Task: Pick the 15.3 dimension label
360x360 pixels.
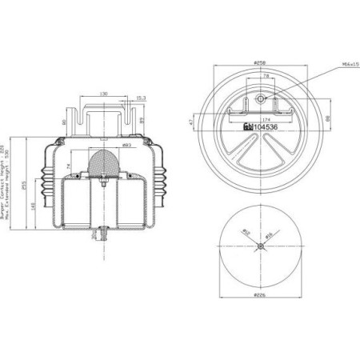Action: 141,98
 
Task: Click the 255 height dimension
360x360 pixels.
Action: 24,186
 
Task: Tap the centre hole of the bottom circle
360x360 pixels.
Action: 261,246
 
